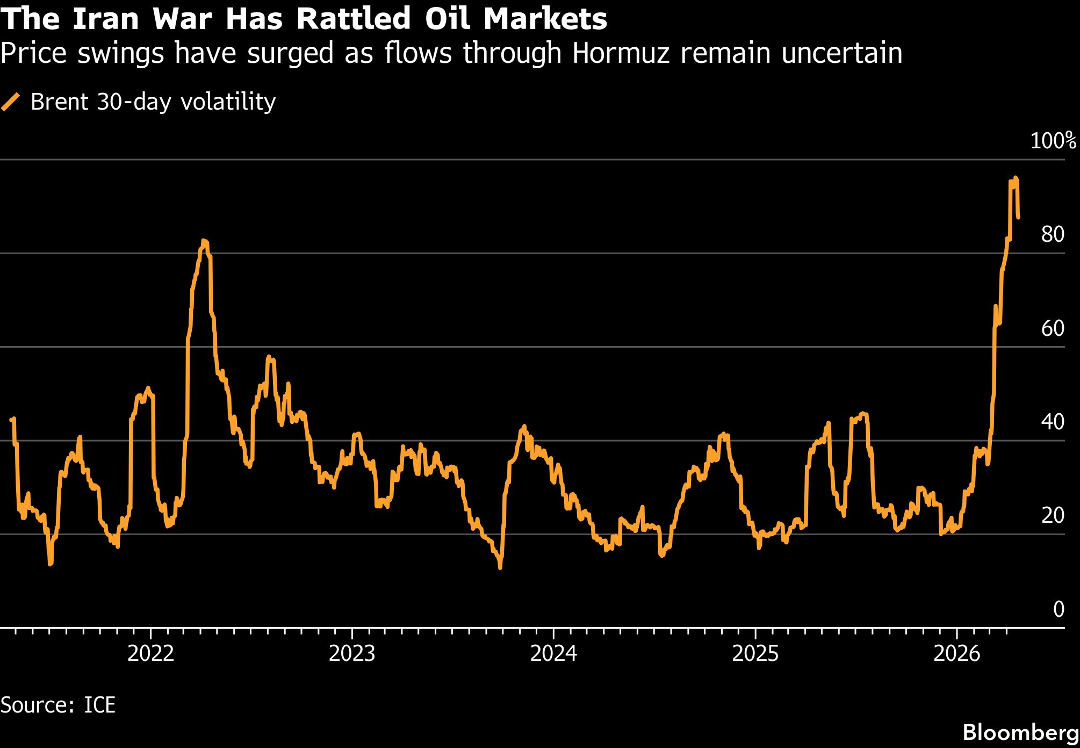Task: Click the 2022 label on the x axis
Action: tap(151, 653)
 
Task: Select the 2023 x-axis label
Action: tap(352, 653)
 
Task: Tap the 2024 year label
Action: tap(553, 653)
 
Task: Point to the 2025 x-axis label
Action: tap(755, 653)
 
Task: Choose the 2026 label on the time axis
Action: tap(957, 653)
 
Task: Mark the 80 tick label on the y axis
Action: tap(1053, 234)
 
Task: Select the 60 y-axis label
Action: tap(1053, 328)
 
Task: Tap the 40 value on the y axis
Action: tap(1053, 422)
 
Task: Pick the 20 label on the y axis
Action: tap(1053, 515)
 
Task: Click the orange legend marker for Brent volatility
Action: tap(11, 102)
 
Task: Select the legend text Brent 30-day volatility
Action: tap(153, 102)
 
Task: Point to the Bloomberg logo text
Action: tap(1020, 732)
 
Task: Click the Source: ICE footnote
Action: tap(58, 704)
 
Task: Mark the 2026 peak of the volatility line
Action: tap(1015, 178)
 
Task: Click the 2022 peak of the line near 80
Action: tap(204, 241)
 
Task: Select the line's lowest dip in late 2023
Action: tap(500, 567)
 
